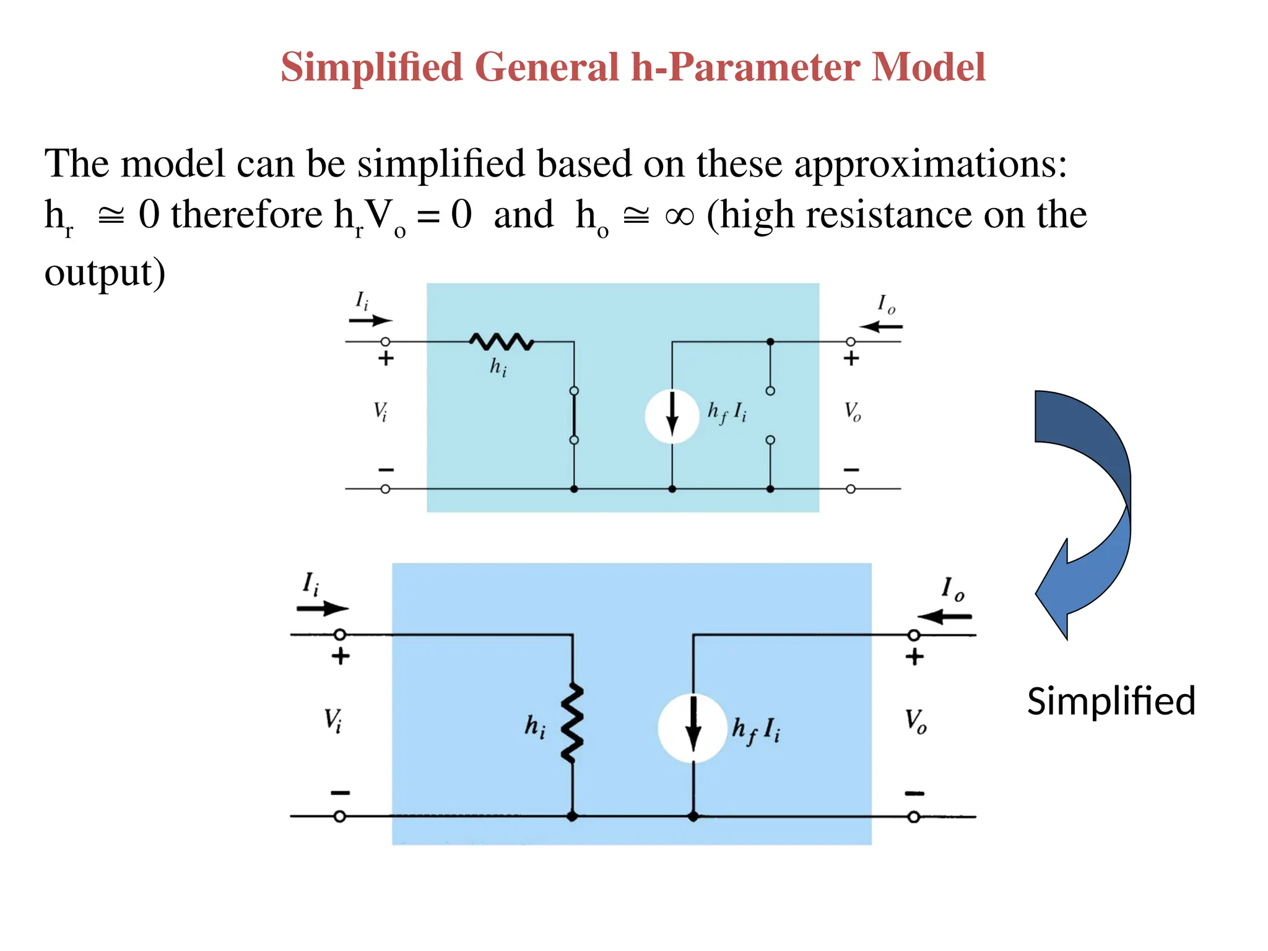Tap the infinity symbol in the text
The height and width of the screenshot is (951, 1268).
pyautogui.click(x=679, y=215)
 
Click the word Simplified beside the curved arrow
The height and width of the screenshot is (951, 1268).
pyautogui.click(x=1111, y=701)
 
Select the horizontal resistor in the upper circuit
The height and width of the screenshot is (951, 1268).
pyautogui.click(x=502, y=341)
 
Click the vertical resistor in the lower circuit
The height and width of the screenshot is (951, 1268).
pyautogui.click(x=572, y=723)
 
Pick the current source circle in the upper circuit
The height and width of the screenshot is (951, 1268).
pyautogui.click(x=672, y=416)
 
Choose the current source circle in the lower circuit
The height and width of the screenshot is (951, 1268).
pyautogui.click(x=692, y=728)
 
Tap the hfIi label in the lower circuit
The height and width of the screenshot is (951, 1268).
pyautogui.click(x=756, y=730)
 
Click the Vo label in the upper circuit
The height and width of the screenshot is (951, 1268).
pyautogui.click(x=853, y=411)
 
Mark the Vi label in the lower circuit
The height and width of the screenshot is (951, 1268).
pyautogui.click(x=333, y=720)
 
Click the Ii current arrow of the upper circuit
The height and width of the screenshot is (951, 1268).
pyautogui.click(x=370, y=321)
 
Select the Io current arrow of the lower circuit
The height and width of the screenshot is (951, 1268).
pyautogui.click(x=944, y=617)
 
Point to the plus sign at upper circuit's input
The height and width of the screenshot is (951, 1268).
pyautogui.click(x=386, y=358)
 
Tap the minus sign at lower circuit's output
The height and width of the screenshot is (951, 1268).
pyautogui.click(x=914, y=793)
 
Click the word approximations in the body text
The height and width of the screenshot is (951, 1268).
pyautogui.click(x=931, y=164)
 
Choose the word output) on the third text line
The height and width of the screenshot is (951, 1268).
pyautogui.click(x=105, y=272)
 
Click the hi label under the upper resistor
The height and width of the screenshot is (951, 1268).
pyautogui.click(x=498, y=368)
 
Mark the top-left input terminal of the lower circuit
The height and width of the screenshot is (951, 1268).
pyautogui.click(x=339, y=635)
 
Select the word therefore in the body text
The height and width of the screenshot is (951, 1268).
pyautogui.click(x=246, y=215)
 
